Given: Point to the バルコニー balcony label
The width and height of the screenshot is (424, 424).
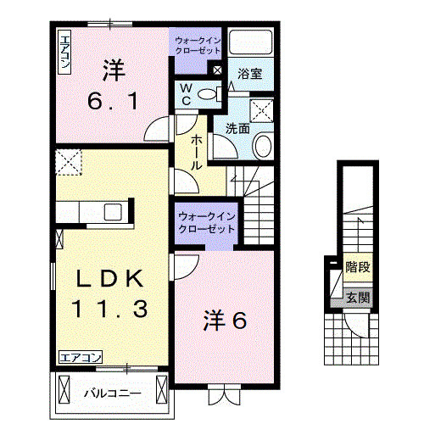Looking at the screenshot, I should pos(111,393).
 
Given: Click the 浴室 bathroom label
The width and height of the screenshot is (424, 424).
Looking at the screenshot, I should pos(249,74).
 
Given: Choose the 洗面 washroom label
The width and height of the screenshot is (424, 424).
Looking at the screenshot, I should pos(237,129).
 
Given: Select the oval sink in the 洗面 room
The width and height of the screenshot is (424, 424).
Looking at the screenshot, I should pos(261,146).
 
